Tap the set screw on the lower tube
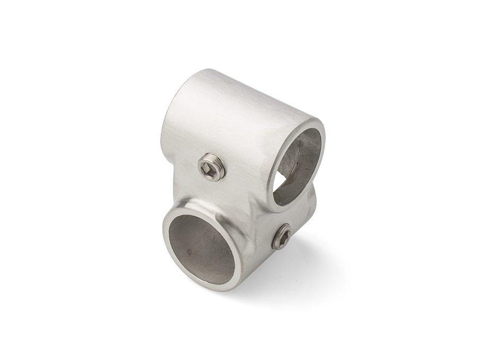tap(282, 236)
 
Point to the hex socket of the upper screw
tap(207, 169)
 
